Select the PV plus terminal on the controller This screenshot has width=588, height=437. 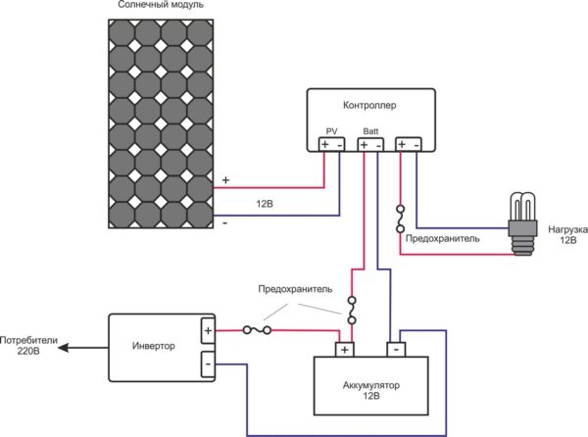click(325, 145)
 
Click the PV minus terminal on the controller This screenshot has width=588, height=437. click(340, 145)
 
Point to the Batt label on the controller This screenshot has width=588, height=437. click(370, 130)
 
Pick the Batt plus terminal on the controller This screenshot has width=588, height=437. click(364, 145)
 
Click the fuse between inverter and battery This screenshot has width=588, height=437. click(259, 331)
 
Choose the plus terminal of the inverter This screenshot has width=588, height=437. click(208, 331)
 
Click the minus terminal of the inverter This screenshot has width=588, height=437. click(208, 365)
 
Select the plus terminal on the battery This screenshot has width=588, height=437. click(345, 349)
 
